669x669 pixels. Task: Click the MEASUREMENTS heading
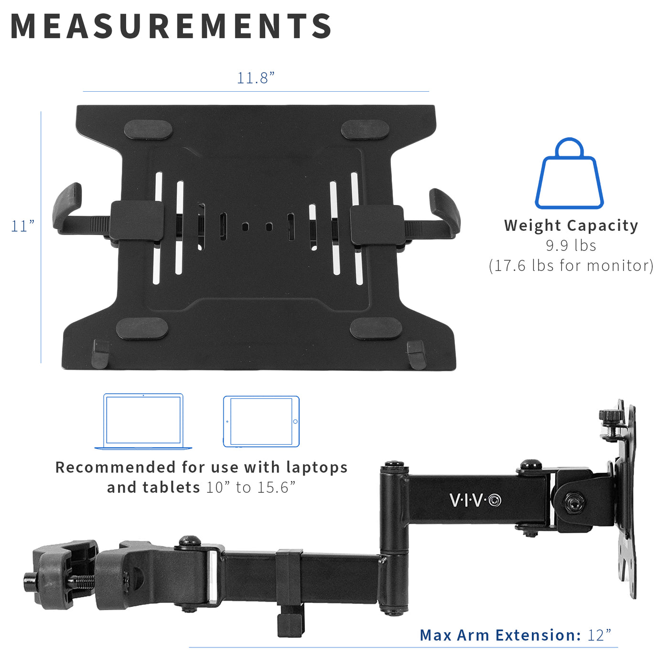[171, 26]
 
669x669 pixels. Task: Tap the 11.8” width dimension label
[256, 78]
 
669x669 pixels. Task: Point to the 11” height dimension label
[22, 226]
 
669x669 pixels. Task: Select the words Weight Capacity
[571, 225]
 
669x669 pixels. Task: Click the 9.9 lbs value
[571, 246]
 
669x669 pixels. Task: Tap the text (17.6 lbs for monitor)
[571, 266]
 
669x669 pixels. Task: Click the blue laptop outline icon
[143, 421]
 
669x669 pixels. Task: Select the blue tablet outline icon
[261, 421]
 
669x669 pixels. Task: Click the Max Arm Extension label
[500, 635]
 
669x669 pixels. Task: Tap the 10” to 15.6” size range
[251, 487]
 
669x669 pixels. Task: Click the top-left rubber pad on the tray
[148, 129]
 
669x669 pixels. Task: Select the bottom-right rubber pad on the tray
[376, 329]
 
